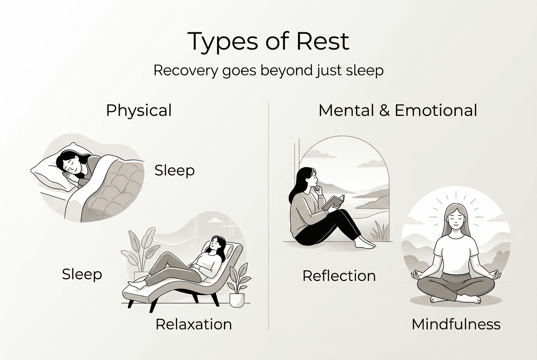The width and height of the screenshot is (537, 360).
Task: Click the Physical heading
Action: [x=139, y=110]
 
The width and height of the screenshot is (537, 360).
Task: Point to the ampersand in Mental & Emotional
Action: [x=383, y=110]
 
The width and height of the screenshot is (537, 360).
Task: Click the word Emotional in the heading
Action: [x=436, y=110]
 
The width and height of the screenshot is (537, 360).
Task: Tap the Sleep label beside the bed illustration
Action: [x=174, y=170]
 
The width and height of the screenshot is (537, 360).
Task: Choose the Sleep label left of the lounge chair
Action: [x=82, y=274]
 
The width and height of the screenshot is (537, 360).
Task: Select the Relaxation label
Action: [x=194, y=324]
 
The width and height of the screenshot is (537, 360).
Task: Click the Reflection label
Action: [x=339, y=276]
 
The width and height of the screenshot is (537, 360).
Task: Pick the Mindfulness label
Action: [x=456, y=324]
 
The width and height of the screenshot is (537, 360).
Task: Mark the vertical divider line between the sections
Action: [x=268, y=212]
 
